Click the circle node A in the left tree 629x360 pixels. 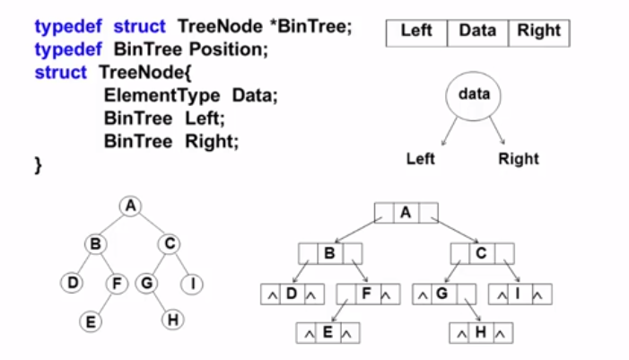pyautogui.click(x=131, y=206)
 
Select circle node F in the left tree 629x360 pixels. pyautogui.click(x=117, y=285)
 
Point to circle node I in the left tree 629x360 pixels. pyautogui.click(x=193, y=285)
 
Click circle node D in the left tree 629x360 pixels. pyautogui.click(x=73, y=285)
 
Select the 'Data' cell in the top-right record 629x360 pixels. pyautogui.click(x=476, y=32)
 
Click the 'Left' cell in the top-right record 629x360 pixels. pyautogui.click(x=416, y=32)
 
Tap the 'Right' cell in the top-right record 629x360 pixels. pyautogui.click(x=538, y=32)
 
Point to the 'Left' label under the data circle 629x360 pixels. pyautogui.click(x=420, y=160)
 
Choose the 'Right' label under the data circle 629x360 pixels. pyautogui.click(x=519, y=160)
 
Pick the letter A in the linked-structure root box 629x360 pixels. pyautogui.click(x=406, y=214)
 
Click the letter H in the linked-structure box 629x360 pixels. pyautogui.click(x=481, y=332)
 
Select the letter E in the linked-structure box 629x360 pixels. pyautogui.click(x=328, y=332)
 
